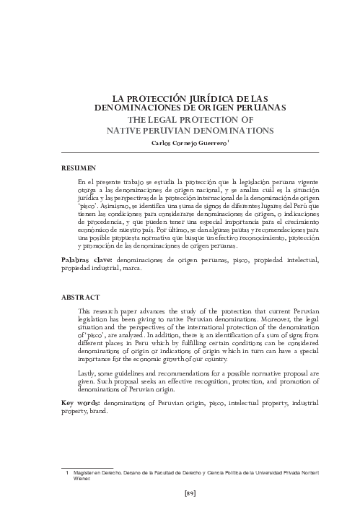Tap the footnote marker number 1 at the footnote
click(x=67, y=471)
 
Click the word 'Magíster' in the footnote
click(x=87, y=471)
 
